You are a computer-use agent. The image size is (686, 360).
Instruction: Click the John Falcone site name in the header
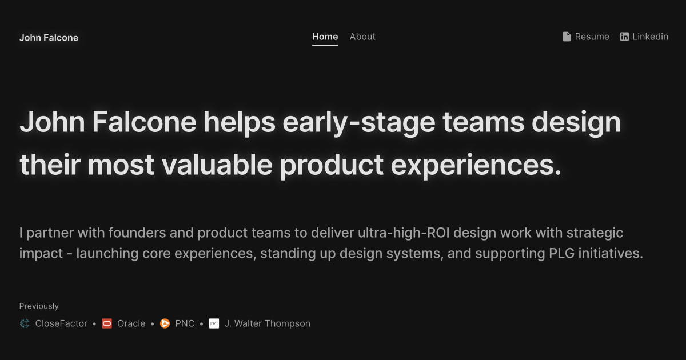tap(49, 38)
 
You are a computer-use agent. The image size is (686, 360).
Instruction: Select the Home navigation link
tap(325, 37)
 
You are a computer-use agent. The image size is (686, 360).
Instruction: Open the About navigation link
tap(362, 37)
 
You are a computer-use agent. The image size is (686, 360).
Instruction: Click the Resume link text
tap(592, 37)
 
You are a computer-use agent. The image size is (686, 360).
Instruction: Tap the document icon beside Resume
tap(567, 37)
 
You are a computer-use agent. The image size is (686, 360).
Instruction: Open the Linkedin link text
tap(650, 37)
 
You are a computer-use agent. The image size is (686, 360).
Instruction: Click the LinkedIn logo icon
tap(624, 37)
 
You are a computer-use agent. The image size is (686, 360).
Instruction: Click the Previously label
tap(39, 306)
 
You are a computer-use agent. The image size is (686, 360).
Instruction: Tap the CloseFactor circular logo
tap(25, 323)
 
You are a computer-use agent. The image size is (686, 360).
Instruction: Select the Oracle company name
tap(131, 323)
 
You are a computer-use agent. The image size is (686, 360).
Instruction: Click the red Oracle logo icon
tap(107, 323)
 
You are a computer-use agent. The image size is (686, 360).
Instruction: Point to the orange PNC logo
tap(165, 323)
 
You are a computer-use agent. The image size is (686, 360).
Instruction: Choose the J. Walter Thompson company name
tap(267, 323)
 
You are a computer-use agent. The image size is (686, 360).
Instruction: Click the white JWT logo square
tap(214, 323)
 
